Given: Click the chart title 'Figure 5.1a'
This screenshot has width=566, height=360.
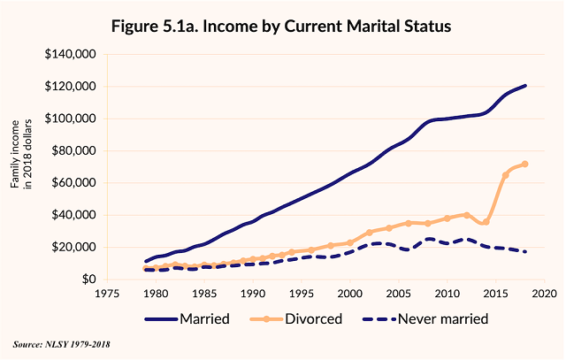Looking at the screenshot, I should pos(281,26).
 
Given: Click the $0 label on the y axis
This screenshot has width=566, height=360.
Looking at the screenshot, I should pos(89,280).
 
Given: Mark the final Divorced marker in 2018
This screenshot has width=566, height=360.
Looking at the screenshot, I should pos(524,164).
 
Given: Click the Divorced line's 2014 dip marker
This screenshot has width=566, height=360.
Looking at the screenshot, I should pos(486,221).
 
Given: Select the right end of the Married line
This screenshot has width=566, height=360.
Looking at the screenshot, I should pos(525,86).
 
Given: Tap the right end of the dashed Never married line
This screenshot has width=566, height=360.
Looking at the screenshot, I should pos(525,252).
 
